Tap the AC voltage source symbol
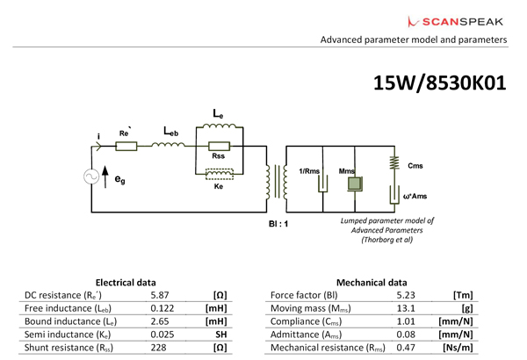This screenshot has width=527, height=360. pyautogui.click(x=90, y=176)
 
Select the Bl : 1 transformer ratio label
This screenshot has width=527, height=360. pyautogui.click(x=278, y=224)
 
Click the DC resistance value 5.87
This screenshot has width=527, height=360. pyautogui.click(x=159, y=297)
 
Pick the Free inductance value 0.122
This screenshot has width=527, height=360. pyautogui.click(x=162, y=310)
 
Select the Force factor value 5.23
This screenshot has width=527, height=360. pyautogui.click(x=405, y=297)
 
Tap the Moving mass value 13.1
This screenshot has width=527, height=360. pyautogui.click(x=405, y=310)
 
